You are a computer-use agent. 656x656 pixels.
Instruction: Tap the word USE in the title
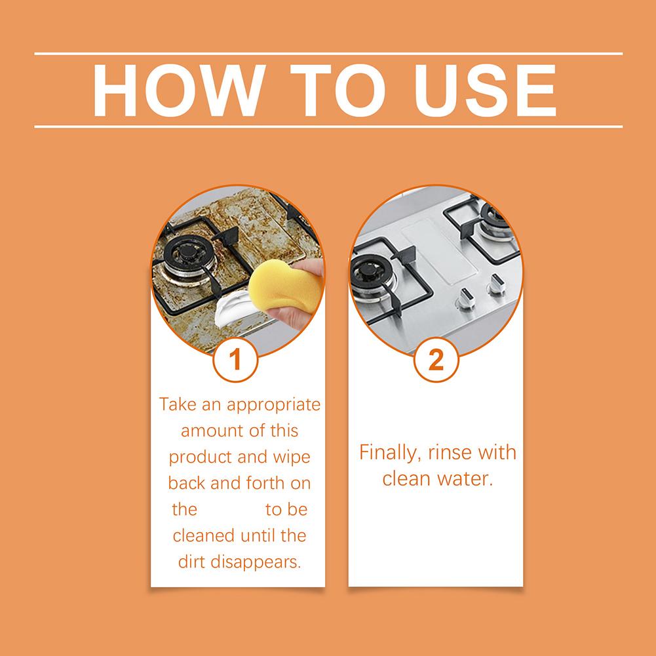pos(485,90)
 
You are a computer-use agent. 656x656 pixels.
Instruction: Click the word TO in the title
pos(338,90)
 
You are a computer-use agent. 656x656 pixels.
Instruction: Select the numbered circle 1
pos(235,359)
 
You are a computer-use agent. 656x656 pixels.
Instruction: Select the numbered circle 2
pos(436,359)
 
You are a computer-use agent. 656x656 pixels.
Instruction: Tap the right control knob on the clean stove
pos(496,284)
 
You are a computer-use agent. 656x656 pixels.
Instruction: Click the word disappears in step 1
pos(256,562)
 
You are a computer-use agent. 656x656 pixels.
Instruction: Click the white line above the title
pos(328,54)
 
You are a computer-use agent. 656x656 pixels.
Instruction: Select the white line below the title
pos(328,126)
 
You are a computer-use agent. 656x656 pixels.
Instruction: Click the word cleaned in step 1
pos(204,536)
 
